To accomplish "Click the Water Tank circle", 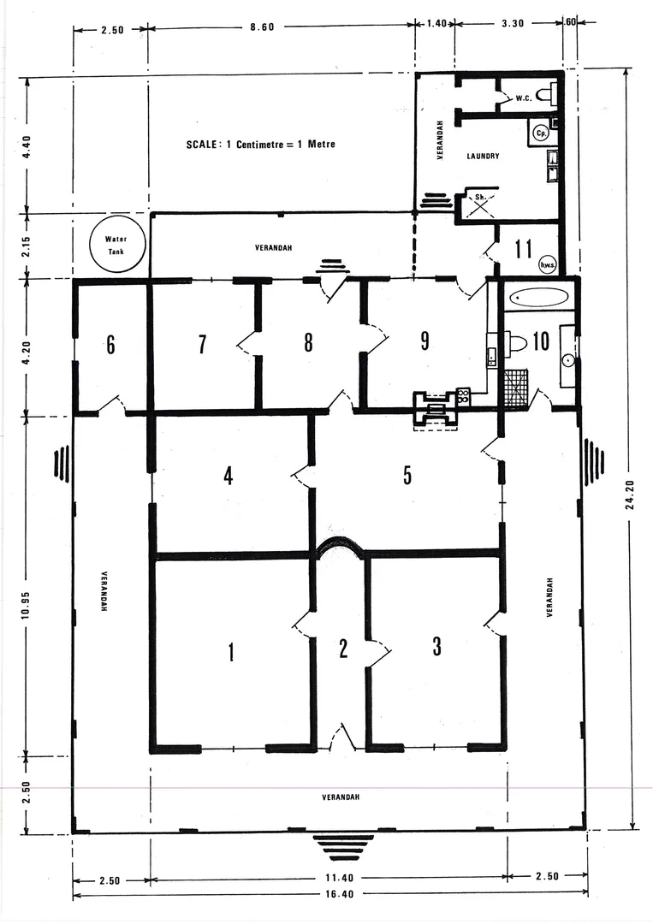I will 116,246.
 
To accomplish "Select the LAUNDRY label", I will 483,156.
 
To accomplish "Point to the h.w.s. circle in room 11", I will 548,266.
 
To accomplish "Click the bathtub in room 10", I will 538,299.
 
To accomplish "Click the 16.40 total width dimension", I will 323,895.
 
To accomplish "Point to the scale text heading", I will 260,145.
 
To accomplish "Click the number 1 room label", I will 230,652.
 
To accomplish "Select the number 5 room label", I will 407,476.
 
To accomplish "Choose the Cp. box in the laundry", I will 540,133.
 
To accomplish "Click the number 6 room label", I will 110,345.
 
